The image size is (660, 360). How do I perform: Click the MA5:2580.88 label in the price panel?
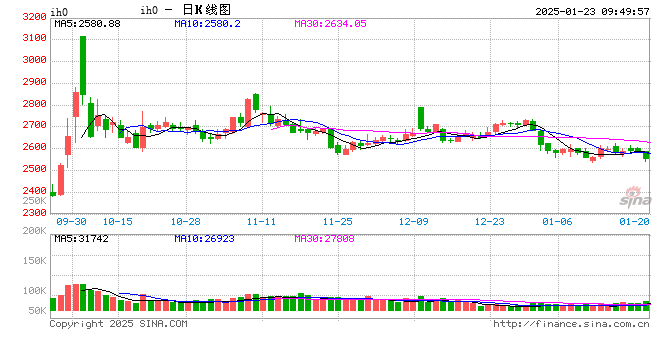[x=87, y=23]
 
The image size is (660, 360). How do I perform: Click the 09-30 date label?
[x=73, y=221]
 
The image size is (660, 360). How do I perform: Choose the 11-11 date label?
[x=262, y=221]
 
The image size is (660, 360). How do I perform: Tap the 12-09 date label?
[x=413, y=221]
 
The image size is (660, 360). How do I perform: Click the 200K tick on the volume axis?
[x=34, y=232]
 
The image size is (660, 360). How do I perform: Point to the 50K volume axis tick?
[x=37, y=312]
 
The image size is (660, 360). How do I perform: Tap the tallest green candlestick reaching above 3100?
[x=82, y=65]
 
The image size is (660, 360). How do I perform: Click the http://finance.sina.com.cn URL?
[x=571, y=324]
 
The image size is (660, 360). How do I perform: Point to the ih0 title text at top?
[x=149, y=10]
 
